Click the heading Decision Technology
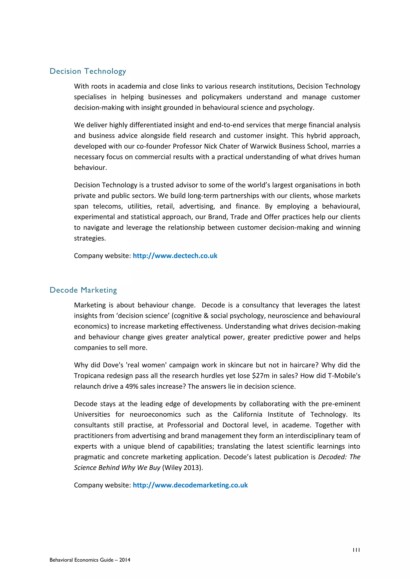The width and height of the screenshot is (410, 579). point(88,71)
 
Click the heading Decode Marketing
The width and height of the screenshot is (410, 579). point(83,290)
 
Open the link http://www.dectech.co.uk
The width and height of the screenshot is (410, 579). point(175,256)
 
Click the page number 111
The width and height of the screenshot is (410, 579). point(356,550)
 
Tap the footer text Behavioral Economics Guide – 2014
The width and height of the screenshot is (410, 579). point(90,560)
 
